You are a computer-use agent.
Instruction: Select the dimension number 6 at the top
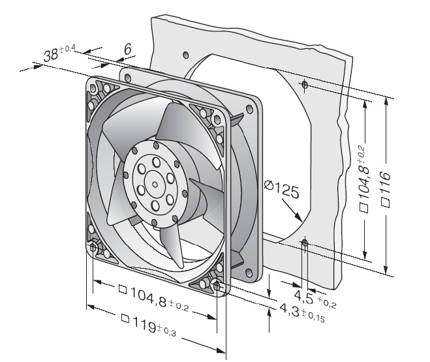pyautogui.click(x=127, y=50)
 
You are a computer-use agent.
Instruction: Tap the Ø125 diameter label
pyautogui.click(x=281, y=189)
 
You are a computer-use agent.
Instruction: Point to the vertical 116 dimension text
pyautogui.click(x=385, y=179)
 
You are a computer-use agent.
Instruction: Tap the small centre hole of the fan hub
pyautogui.click(x=155, y=185)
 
